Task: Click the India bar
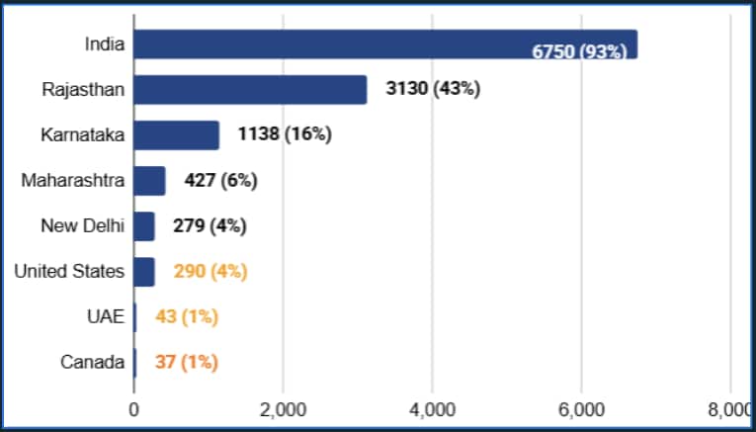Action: click(x=385, y=44)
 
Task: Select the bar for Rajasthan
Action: click(x=250, y=90)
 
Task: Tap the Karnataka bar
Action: click(x=176, y=135)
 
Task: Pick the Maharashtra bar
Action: click(x=149, y=181)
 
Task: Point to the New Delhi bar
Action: click(x=144, y=226)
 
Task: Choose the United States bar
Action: click(x=144, y=272)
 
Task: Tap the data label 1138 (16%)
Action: click(x=285, y=135)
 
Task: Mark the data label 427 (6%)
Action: click(x=220, y=181)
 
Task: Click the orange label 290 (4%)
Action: click(x=210, y=272)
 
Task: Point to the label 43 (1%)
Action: click(x=187, y=317)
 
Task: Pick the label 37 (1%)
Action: click(x=186, y=363)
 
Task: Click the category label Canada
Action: click(x=92, y=363)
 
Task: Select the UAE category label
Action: click(x=106, y=317)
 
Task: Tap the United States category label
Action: click(x=69, y=272)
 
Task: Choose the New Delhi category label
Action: click(x=82, y=226)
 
